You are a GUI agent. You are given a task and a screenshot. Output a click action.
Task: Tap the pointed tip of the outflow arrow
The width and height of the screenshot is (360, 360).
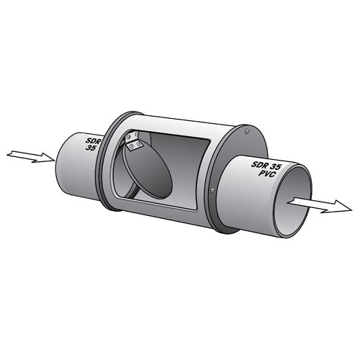coord(346,210)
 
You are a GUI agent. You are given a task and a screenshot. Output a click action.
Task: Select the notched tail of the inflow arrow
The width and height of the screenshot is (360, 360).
coord(9,153)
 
